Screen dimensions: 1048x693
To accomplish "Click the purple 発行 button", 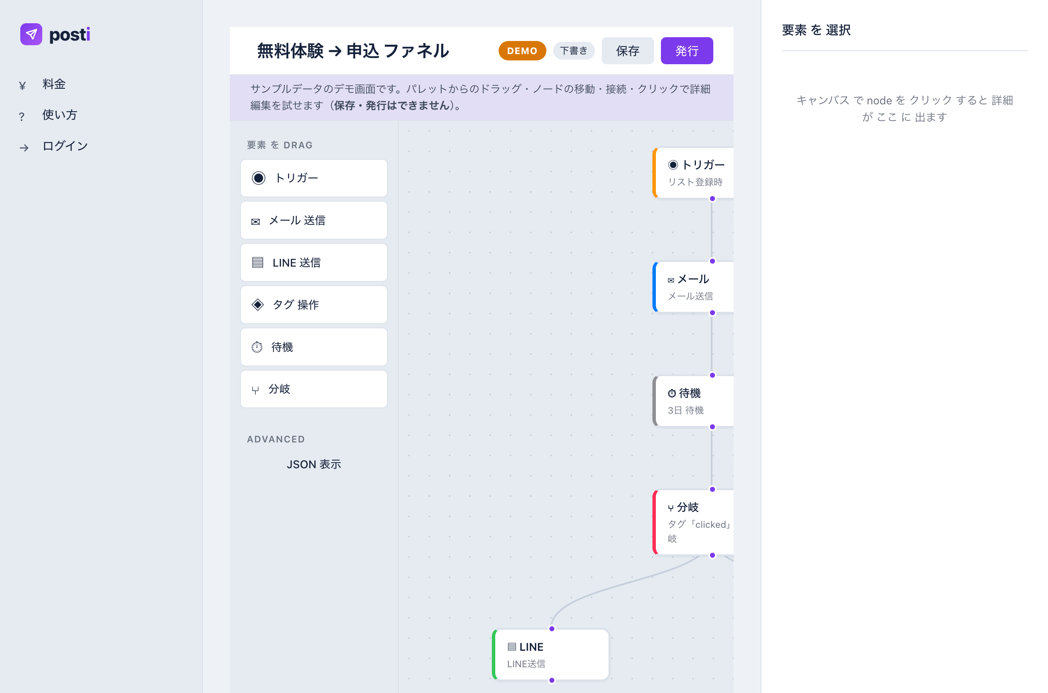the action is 686,51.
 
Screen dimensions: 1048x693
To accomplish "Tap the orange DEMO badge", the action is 522,51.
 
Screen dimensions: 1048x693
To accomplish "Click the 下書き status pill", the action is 574,51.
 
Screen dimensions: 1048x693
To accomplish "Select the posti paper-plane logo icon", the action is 31,35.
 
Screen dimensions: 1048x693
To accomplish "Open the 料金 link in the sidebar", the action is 54,85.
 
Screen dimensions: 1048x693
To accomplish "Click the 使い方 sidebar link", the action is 60,115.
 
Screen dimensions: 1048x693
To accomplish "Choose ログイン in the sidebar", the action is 65,146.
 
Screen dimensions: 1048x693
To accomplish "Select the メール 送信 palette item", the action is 314,220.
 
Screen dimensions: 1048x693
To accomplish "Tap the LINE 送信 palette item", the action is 314,262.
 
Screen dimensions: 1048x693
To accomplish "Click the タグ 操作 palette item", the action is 314,305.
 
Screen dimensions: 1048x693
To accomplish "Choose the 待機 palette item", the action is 314,347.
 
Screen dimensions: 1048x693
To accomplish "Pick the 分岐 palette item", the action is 314,389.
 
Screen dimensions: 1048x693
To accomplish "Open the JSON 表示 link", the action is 314,464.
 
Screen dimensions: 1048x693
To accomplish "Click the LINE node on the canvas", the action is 551,655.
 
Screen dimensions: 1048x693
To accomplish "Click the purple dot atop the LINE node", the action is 551,629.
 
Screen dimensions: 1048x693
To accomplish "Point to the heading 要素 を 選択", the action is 816,30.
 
